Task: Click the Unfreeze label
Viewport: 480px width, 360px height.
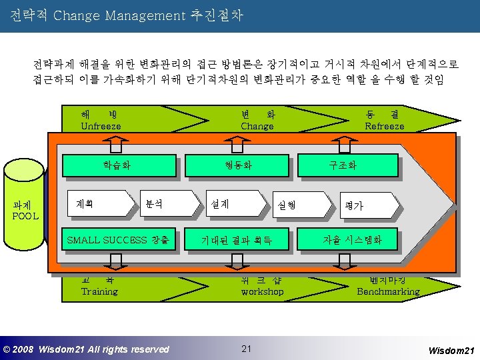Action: tap(101, 126)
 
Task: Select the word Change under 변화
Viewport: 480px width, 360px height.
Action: tap(257, 126)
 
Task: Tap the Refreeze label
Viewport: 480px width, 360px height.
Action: tap(385, 126)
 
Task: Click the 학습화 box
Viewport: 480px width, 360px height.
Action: tap(117, 164)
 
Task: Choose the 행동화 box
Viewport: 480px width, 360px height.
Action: tap(239, 164)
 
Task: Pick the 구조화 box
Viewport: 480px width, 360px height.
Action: tap(343, 164)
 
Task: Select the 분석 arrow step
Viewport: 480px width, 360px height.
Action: tap(154, 204)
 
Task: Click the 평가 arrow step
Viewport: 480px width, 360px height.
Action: tap(354, 206)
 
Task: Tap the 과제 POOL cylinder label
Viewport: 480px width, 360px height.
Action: tap(25, 211)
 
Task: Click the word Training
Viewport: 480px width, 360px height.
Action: tap(99, 291)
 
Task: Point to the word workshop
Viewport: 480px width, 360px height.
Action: tap(262, 291)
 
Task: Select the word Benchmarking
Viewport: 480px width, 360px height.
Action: tap(388, 291)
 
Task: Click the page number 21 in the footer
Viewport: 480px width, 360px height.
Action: tap(247, 349)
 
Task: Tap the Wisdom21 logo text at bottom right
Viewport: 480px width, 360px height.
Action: tap(451, 349)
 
